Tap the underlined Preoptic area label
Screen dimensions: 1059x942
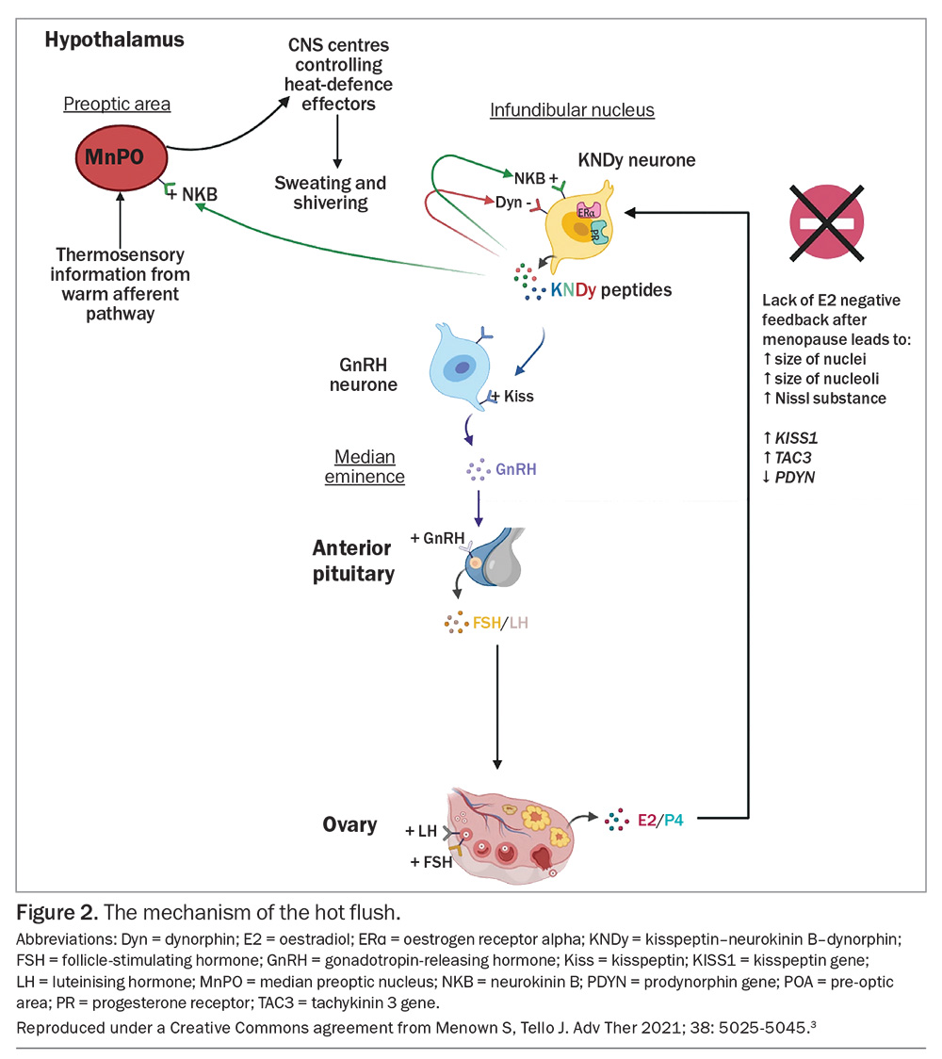(117, 104)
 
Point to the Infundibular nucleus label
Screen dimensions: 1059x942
(572, 110)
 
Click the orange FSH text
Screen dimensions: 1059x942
(487, 624)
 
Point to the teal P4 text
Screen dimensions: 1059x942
(673, 820)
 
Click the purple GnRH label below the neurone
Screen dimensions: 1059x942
(515, 468)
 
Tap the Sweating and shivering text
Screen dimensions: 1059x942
(330, 192)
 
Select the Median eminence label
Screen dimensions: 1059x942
(365, 466)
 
